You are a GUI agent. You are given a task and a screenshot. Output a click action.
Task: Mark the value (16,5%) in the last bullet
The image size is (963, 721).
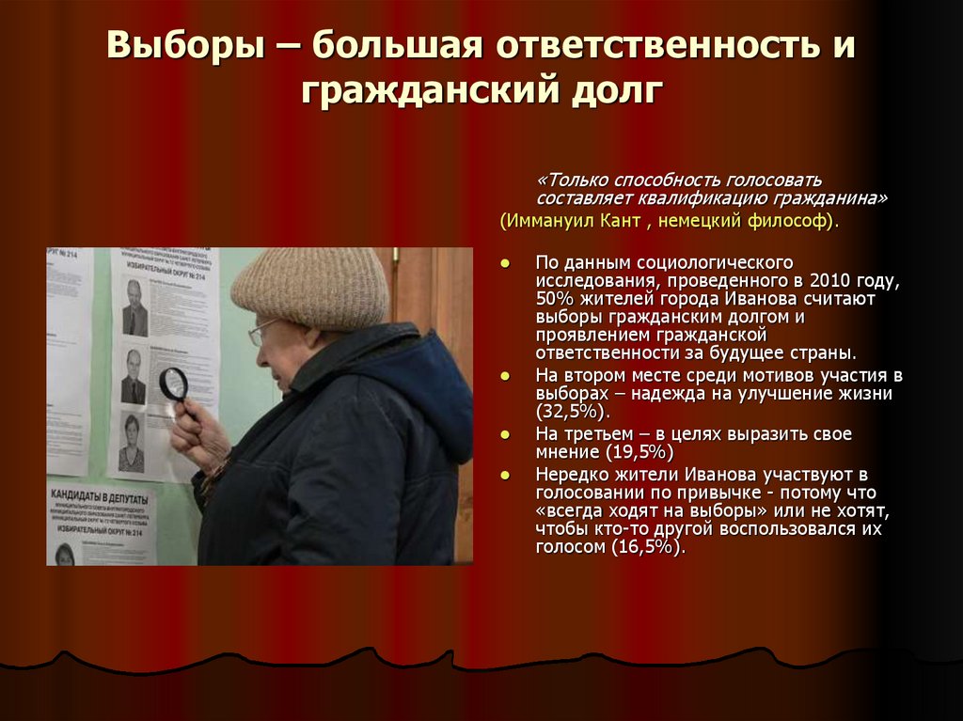tap(645, 547)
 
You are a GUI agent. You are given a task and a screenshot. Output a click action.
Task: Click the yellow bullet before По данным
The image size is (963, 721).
tap(505, 262)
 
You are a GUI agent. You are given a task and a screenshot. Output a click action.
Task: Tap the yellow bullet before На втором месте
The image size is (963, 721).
tap(505, 376)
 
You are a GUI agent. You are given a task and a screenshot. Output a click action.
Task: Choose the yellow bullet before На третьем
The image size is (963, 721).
tap(505, 434)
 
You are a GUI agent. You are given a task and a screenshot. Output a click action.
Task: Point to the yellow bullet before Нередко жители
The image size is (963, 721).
tap(505, 474)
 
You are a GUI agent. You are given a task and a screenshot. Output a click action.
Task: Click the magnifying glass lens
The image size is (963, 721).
tap(173, 383)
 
